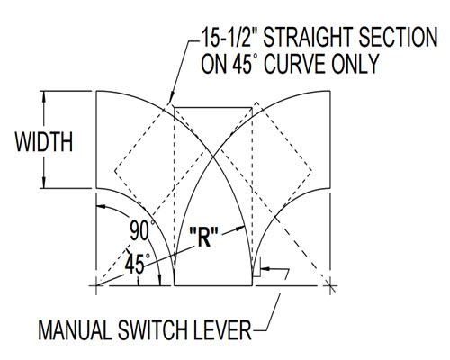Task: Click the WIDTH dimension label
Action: (44, 141)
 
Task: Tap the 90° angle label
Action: (142, 230)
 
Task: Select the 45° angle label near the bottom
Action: (137, 263)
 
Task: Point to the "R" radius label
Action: (204, 237)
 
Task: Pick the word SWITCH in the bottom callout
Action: (153, 330)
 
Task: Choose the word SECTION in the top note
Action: (398, 37)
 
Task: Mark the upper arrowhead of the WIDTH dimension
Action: (44, 97)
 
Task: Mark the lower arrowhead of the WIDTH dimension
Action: (44, 183)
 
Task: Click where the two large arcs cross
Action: (213, 156)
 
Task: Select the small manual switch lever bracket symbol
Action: (257, 266)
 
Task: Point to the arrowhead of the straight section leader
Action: (171, 99)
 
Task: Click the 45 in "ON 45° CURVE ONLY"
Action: (242, 64)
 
